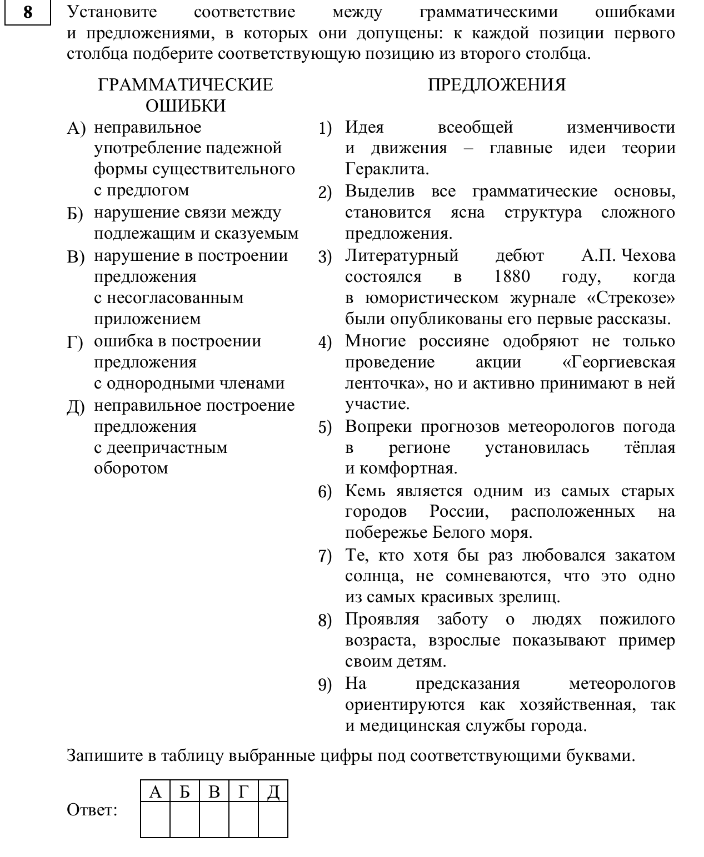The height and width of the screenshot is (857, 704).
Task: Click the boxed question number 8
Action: pos(27,12)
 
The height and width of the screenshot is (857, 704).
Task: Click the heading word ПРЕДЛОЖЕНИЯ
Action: pos(497,85)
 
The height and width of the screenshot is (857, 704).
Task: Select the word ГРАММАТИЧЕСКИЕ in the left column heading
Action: pos(186,85)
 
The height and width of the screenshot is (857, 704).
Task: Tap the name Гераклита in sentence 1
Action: pos(387,169)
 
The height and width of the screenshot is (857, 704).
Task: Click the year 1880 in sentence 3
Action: pos(511,276)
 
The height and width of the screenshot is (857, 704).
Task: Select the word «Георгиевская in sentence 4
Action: pos(618,362)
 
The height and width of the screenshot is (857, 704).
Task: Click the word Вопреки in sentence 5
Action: pos(378,426)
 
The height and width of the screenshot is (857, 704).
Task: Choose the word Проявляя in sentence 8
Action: pos(382,619)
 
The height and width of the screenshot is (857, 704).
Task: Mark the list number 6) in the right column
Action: pos(325,492)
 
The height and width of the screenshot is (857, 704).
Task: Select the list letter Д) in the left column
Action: pos(76,406)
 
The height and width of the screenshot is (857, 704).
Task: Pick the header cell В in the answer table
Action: pos(214,792)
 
